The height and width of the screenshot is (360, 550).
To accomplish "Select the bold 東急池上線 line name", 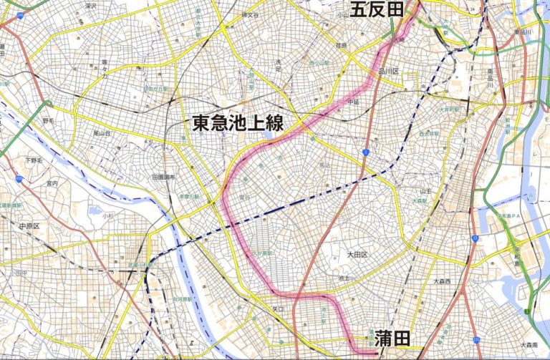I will [x=237, y=122].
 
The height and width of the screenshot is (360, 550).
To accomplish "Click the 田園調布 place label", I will [x=163, y=176].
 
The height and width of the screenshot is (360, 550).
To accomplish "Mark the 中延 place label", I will [x=352, y=102].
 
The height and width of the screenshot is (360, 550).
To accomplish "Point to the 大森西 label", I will [x=443, y=281].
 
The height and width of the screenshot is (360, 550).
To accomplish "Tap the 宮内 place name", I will [x=51, y=183].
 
